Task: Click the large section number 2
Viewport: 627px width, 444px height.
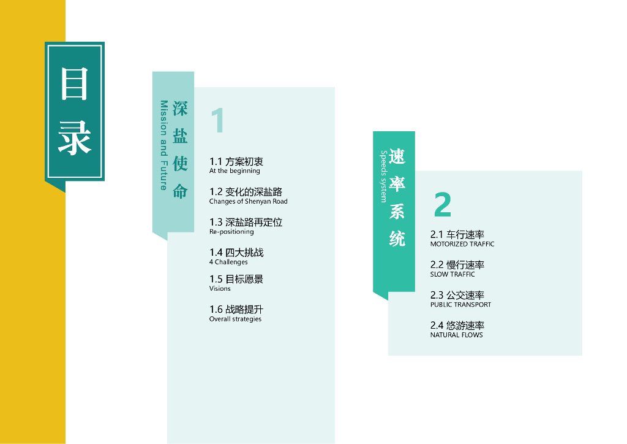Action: click(442, 205)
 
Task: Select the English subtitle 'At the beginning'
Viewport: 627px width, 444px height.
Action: click(235, 171)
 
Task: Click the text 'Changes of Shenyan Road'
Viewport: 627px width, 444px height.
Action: click(248, 201)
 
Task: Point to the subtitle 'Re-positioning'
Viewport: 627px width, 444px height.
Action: click(231, 232)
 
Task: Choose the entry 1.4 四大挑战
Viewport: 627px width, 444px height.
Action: click(236, 253)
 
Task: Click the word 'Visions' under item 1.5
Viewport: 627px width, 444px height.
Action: click(220, 288)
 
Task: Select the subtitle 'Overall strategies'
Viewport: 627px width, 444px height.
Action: click(235, 319)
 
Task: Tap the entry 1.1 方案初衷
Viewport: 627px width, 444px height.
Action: click(236, 162)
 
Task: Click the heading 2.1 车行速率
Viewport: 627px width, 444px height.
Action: click(457, 235)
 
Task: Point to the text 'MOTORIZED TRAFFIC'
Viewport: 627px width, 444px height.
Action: click(462, 244)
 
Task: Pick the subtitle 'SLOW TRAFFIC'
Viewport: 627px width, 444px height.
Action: click(452, 274)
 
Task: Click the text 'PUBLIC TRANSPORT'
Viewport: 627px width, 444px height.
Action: click(460, 305)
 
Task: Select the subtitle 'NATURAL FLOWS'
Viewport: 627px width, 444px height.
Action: click(456, 335)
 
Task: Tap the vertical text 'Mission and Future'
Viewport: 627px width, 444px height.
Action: click(163, 145)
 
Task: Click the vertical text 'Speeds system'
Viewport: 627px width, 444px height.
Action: click(384, 177)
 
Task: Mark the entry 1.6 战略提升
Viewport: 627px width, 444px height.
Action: click(236, 310)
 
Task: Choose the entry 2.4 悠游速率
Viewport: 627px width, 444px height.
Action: click(457, 326)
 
